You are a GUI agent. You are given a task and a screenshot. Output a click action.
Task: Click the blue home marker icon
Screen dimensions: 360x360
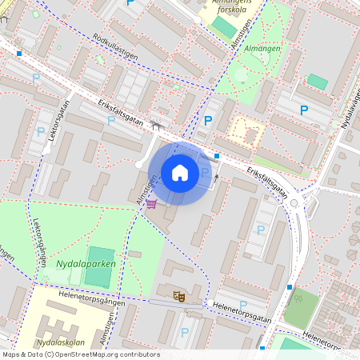180,173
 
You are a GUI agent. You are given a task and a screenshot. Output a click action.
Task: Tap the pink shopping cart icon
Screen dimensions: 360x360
151,204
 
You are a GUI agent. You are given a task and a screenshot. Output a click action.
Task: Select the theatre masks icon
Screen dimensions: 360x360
178,296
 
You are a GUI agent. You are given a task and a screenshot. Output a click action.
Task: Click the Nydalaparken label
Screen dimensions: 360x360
86,263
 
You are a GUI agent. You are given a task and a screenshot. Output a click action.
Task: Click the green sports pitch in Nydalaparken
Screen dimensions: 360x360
100,267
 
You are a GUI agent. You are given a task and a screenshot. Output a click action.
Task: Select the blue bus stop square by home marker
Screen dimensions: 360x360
216,156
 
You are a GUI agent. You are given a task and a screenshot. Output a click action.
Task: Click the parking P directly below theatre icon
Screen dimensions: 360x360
185,331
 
